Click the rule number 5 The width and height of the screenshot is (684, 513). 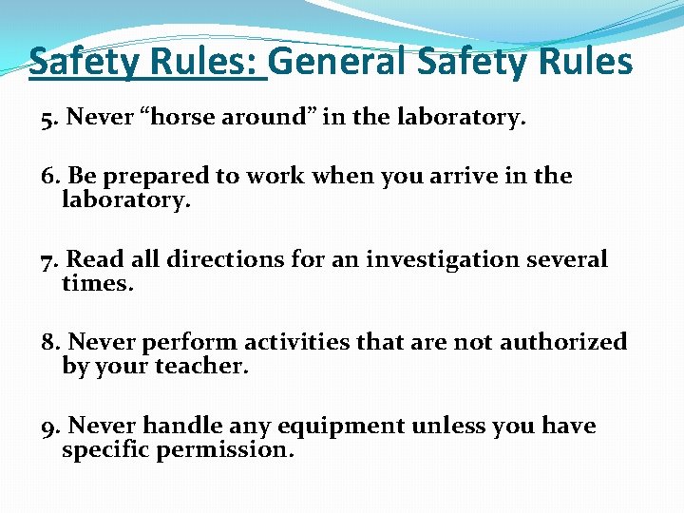tap(47, 119)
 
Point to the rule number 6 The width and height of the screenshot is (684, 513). tap(48, 177)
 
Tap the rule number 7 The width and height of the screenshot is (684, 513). tap(48, 259)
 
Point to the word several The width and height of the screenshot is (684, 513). tap(566, 259)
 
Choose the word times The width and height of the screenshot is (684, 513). tap(97, 282)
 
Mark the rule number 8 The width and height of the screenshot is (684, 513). tap(48, 342)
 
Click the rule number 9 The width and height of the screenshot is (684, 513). tap(48, 426)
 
